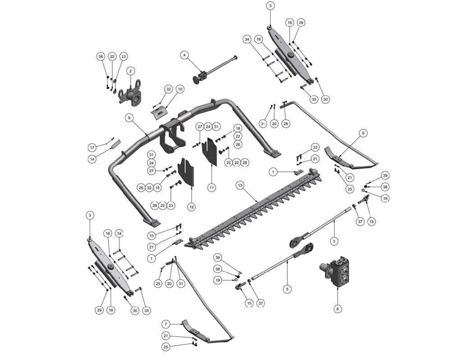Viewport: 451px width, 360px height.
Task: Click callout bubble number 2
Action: pyautogui.click(x=130, y=71)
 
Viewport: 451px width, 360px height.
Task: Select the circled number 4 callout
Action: pyautogui.click(x=184, y=55)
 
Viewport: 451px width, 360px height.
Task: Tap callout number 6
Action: pyautogui.click(x=364, y=133)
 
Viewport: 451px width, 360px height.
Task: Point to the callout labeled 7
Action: pyautogui.click(x=166, y=324)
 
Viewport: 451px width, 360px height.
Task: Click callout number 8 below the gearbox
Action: pyautogui.click(x=338, y=309)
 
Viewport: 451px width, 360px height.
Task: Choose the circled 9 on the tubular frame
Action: pyautogui.click(x=129, y=118)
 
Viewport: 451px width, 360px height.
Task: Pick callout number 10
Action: pyautogui.click(x=180, y=89)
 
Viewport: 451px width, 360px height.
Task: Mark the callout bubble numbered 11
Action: pyautogui.click(x=212, y=187)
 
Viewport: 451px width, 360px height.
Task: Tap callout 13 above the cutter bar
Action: pyautogui.click(x=240, y=185)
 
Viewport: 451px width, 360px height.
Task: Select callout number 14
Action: pyautogui.click(x=92, y=159)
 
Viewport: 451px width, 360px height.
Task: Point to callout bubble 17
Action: pyautogui.click(x=92, y=147)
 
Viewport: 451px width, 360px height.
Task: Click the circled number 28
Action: pyautogui.click(x=285, y=123)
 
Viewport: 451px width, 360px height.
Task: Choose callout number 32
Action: pyautogui.click(x=168, y=89)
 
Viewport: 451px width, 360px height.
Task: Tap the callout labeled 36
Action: pyautogui.click(x=101, y=57)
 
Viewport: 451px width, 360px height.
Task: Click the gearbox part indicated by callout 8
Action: pyautogui.click(x=337, y=272)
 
